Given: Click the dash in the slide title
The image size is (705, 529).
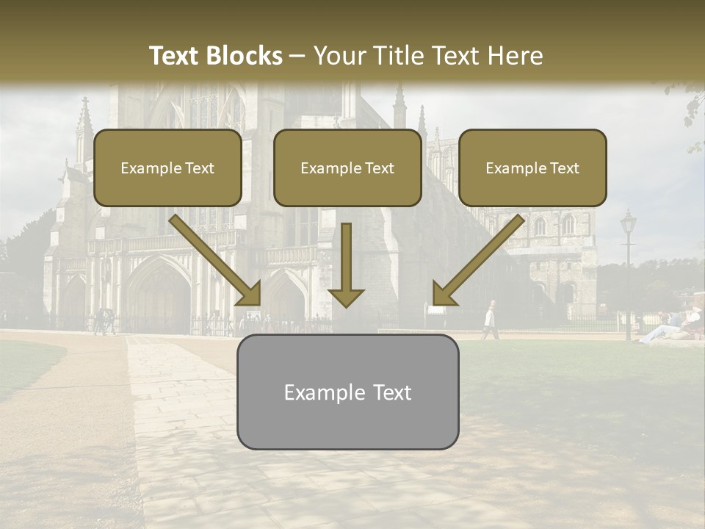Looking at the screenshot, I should (x=297, y=57).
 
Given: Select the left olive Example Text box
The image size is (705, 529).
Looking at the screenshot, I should (x=167, y=168).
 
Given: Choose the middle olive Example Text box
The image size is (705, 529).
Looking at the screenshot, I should (x=347, y=168).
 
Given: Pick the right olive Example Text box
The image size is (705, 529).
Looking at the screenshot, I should (x=532, y=168).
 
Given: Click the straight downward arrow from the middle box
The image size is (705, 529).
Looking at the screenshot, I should (x=346, y=264).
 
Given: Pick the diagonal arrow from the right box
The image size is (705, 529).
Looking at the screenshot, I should (x=477, y=260).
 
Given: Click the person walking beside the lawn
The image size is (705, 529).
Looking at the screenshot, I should (x=489, y=320).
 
